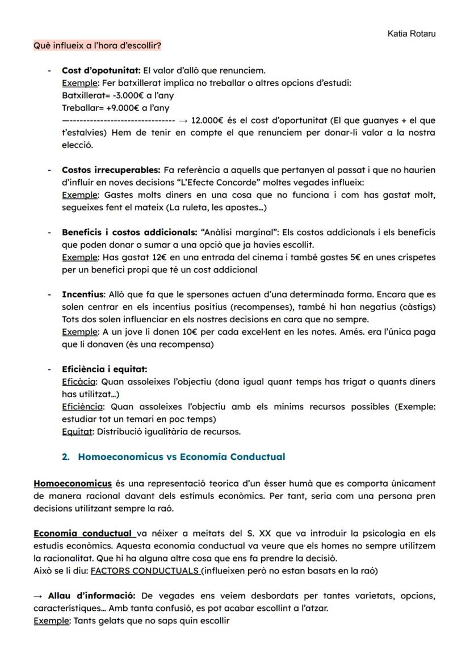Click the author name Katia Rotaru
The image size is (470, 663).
click(411, 34)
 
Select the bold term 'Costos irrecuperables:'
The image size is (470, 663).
click(111, 170)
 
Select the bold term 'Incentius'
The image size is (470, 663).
click(83, 294)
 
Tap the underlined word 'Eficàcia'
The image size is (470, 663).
click(79, 382)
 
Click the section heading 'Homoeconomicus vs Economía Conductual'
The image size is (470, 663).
click(181, 457)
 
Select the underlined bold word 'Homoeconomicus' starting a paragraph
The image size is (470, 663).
click(73, 484)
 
